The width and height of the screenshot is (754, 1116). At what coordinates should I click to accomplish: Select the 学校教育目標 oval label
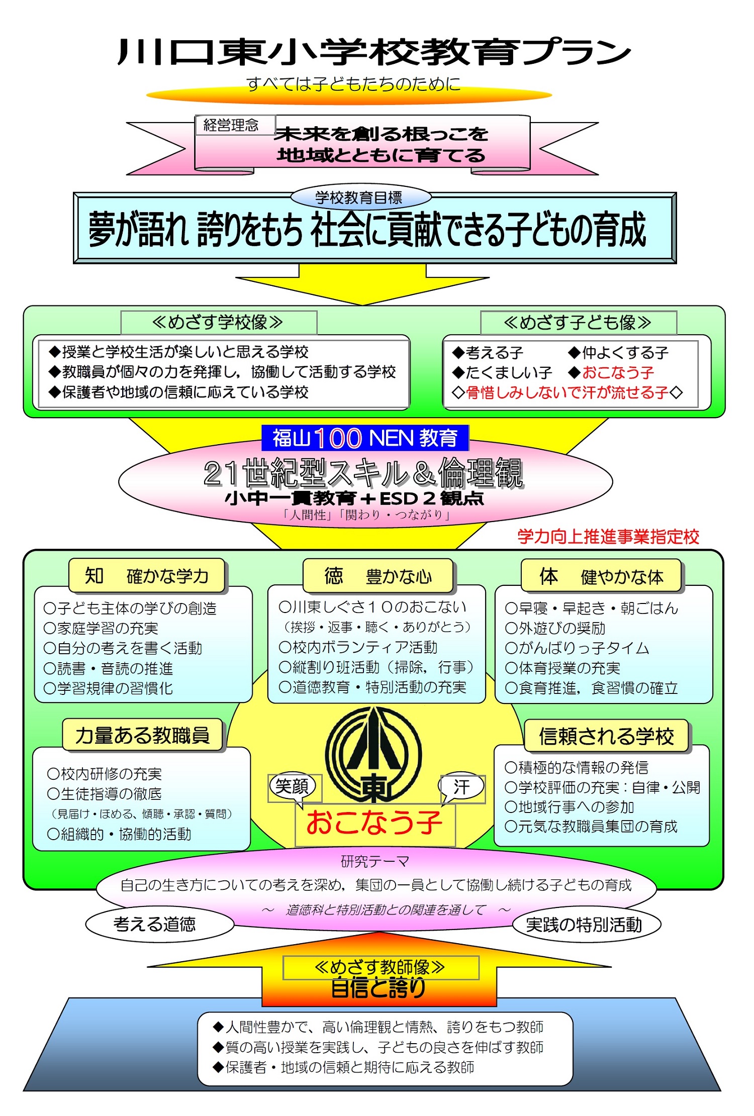(x=359, y=197)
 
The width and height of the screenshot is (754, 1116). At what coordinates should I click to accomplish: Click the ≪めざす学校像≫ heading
(x=218, y=322)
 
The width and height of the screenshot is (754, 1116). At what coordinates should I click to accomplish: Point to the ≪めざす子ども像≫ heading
(x=578, y=323)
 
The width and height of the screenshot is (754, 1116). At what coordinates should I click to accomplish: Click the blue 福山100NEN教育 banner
(x=365, y=438)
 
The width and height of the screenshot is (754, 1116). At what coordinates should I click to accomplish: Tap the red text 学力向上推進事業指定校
(x=608, y=537)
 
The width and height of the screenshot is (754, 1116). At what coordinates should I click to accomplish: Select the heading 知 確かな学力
(x=147, y=576)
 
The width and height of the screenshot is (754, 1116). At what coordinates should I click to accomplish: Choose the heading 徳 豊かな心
(x=378, y=576)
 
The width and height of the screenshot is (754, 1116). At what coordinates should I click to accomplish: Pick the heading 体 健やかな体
(x=601, y=576)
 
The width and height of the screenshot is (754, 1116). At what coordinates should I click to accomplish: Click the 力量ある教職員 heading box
(x=142, y=735)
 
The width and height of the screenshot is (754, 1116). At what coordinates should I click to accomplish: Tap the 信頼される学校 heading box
(x=606, y=736)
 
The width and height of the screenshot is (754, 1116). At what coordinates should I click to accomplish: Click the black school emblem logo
(x=373, y=754)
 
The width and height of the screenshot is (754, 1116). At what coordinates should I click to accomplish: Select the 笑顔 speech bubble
(x=292, y=786)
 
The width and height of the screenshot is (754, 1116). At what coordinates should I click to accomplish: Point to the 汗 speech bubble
(x=462, y=787)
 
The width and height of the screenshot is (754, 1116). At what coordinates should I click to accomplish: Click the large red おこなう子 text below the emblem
(x=374, y=823)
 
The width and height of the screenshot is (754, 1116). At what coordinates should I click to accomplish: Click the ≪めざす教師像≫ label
(x=381, y=967)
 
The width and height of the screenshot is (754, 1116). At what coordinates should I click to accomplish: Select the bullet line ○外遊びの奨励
(x=555, y=628)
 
